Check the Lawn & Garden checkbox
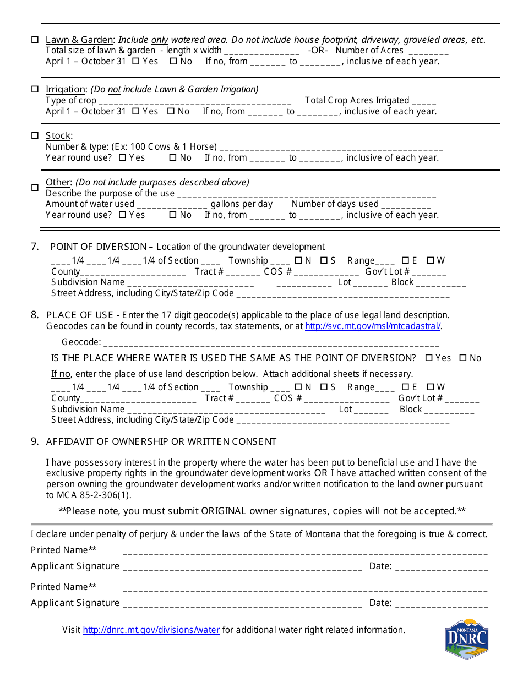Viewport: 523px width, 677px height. click(x=35, y=40)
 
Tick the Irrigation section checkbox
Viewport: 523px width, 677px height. click(x=35, y=89)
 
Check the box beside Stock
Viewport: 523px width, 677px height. click(x=35, y=135)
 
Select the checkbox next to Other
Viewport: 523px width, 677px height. click(x=35, y=187)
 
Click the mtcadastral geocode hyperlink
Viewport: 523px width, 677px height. click(x=373, y=326)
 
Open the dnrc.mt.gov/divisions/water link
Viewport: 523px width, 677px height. click(x=151, y=630)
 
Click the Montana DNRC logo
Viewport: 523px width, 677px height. click(x=466, y=638)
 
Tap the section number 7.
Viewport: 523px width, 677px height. click(x=35, y=247)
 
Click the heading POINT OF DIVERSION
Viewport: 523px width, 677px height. click(x=99, y=247)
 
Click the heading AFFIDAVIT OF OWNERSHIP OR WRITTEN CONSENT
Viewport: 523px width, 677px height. click(x=161, y=441)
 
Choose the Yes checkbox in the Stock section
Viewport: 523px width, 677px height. click(x=122, y=158)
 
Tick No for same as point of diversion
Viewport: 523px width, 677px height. click(x=463, y=358)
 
